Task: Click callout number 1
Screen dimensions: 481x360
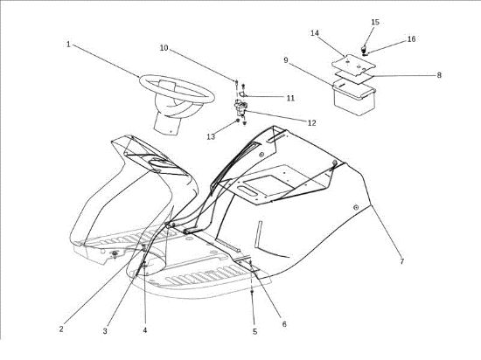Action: [68, 45]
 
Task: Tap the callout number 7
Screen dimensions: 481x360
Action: [402, 261]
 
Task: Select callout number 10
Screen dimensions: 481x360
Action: [164, 48]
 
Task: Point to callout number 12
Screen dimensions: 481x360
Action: [311, 123]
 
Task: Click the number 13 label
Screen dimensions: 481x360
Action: [211, 136]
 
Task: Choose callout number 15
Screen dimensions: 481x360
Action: [375, 22]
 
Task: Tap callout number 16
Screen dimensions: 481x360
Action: [412, 39]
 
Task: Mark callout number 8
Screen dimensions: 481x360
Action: [439, 75]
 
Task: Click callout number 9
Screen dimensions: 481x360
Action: [286, 60]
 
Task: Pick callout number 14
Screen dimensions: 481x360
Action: [315, 33]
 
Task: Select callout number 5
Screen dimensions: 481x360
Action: [255, 331]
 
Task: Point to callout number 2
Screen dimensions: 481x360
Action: [61, 329]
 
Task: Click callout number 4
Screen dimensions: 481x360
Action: [145, 330]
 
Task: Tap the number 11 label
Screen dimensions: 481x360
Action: [290, 98]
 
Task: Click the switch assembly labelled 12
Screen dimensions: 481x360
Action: [241, 107]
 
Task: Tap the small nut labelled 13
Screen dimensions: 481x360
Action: [237, 121]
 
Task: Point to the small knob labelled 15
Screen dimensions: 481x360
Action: [364, 48]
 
